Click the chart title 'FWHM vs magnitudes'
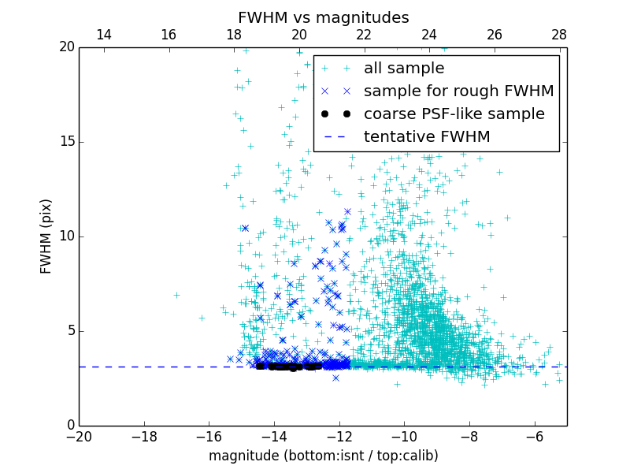(323, 17)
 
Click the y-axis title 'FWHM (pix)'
(46, 236)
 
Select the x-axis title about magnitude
(323, 456)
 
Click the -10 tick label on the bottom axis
(404, 436)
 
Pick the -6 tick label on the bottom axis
(534, 436)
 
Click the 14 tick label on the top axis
(103, 35)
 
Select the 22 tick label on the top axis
(364, 35)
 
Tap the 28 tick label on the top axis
(559, 35)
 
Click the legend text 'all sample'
(404, 69)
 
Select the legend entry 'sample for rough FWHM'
(459, 91)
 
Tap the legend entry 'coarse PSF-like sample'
(454, 114)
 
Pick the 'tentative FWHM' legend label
(427, 137)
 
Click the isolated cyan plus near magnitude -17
(176, 295)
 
